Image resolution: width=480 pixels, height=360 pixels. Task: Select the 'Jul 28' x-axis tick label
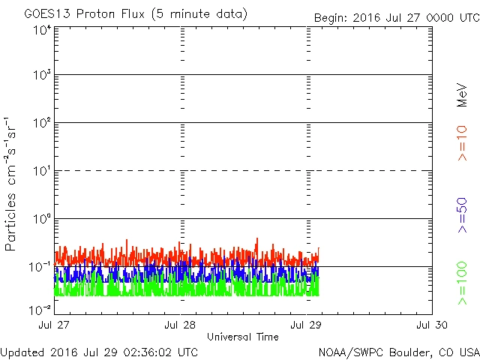[x=181, y=325]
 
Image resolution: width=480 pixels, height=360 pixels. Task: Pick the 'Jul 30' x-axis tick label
[x=432, y=325]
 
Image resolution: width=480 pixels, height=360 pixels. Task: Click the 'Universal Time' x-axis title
[x=243, y=337]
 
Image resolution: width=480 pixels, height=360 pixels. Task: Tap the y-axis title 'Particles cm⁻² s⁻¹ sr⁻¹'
[x=13, y=183]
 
